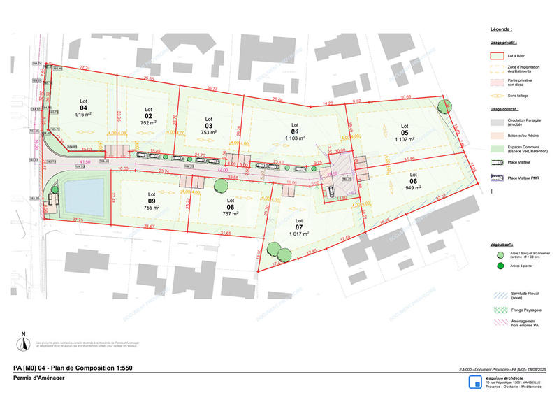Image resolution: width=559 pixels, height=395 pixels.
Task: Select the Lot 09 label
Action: [x=151, y=199]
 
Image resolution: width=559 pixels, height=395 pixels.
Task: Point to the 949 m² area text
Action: [x=413, y=187]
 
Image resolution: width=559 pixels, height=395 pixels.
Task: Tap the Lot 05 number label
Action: [x=404, y=131]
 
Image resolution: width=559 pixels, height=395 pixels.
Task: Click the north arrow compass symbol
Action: [x=23, y=342]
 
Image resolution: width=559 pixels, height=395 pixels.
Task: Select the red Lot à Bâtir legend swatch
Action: [x=496, y=55]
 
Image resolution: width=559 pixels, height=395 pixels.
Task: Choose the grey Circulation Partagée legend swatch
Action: [x=496, y=121]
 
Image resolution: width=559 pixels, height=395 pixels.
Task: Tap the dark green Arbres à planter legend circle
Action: [x=495, y=266]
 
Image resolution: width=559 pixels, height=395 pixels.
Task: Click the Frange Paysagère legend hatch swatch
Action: [x=495, y=309]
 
